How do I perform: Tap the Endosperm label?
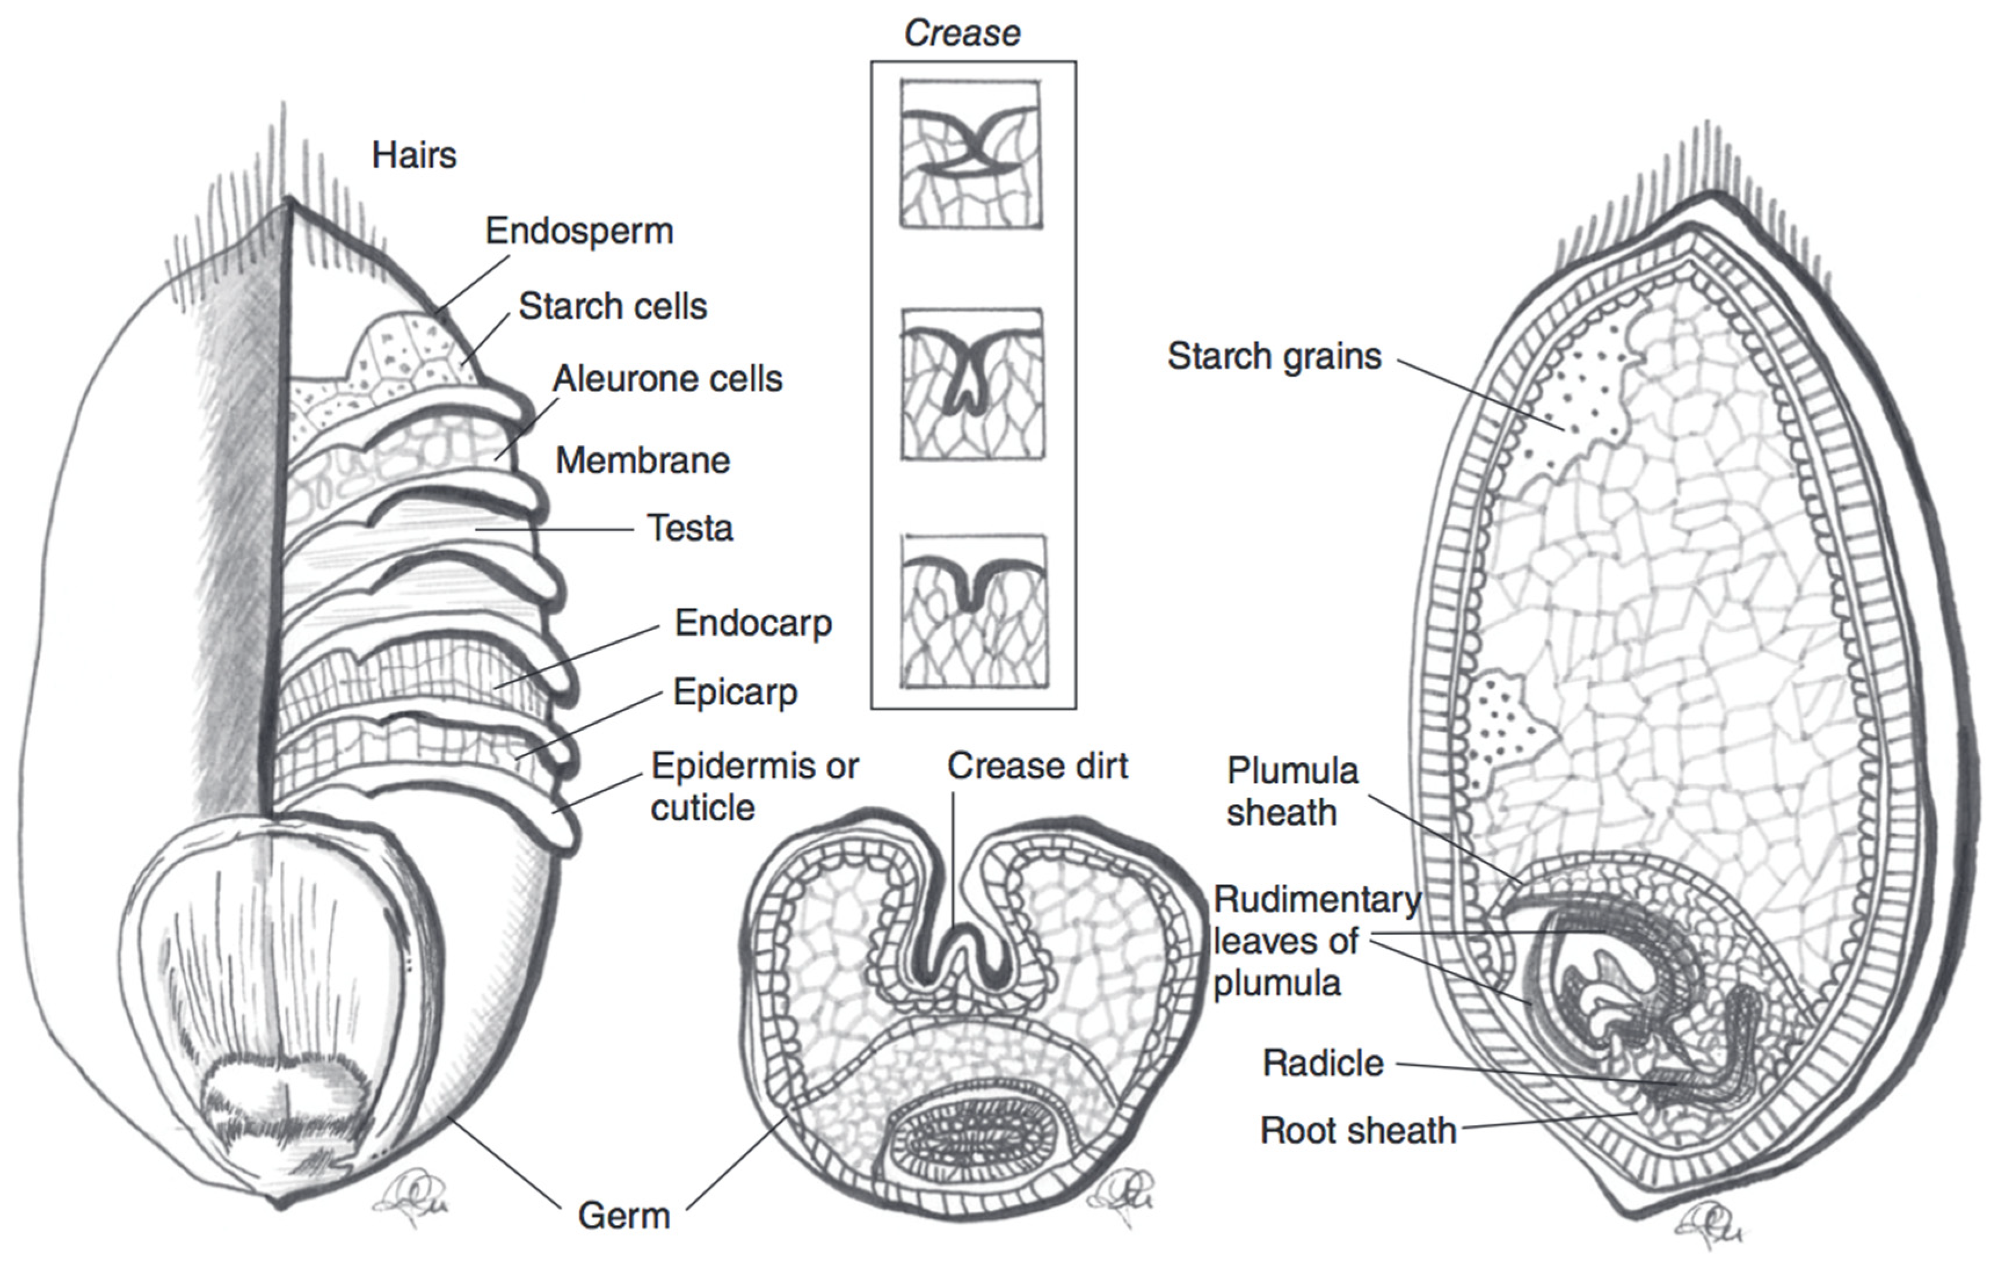click(x=579, y=231)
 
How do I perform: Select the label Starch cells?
click(x=613, y=306)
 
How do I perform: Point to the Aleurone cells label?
click(x=667, y=379)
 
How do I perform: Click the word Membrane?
click(x=642, y=460)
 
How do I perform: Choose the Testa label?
click(x=690, y=528)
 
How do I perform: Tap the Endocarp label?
click(x=753, y=623)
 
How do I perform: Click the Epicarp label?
click(x=735, y=692)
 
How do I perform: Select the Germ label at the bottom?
click(x=623, y=1216)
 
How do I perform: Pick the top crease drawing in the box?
click(x=971, y=154)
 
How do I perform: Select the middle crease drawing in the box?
click(x=972, y=385)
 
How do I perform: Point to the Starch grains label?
click(x=1274, y=356)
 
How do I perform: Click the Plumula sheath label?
click(x=1292, y=791)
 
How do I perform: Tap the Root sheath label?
click(x=1358, y=1130)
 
